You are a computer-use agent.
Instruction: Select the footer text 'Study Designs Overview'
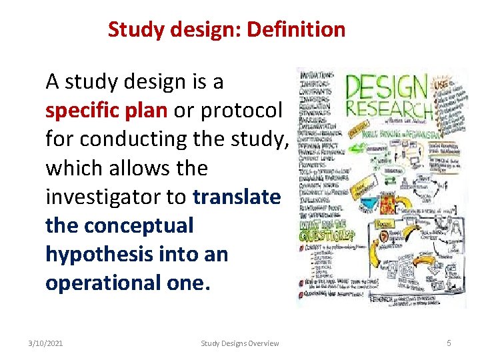point(240,343)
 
